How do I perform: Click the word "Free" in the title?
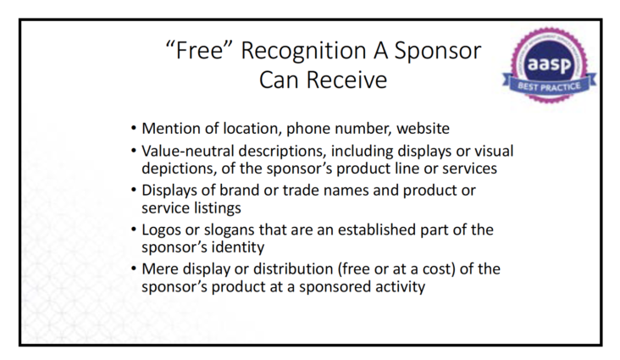tap(199, 51)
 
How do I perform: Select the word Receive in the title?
tap(346, 80)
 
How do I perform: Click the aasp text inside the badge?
tap(549, 64)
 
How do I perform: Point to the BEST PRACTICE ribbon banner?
tap(549, 86)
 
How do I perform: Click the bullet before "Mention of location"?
tap(134, 128)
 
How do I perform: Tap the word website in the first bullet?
tap(423, 129)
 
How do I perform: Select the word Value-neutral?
tap(187, 151)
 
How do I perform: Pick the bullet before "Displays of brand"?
tap(134, 190)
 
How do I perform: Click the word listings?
tap(218, 208)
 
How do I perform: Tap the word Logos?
tap(161, 230)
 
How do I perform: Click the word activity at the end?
tap(400, 287)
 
